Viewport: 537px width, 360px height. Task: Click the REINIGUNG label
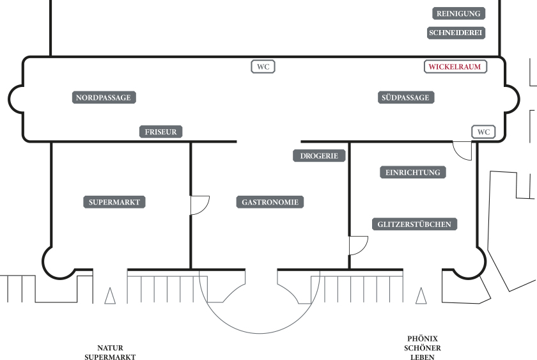[458, 13]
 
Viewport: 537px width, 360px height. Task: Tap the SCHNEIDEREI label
[456, 33]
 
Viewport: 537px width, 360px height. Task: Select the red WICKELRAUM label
[455, 67]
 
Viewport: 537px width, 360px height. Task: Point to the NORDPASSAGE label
[104, 97]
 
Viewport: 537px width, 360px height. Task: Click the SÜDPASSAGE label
[406, 97]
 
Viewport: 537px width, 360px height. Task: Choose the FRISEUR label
[160, 132]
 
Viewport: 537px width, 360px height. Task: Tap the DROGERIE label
[319, 156]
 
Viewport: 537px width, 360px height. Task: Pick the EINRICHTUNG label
[413, 172]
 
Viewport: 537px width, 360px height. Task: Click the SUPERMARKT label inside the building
[114, 202]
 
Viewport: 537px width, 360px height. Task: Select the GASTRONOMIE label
[270, 202]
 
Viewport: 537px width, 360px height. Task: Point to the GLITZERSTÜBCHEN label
[414, 224]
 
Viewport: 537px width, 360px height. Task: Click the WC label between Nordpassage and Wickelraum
[263, 67]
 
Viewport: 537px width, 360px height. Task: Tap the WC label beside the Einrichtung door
[483, 132]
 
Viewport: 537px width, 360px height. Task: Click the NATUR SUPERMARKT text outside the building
[110, 352]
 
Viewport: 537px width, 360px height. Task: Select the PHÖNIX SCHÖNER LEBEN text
[423, 348]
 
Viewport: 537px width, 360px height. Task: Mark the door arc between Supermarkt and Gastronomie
[205, 210]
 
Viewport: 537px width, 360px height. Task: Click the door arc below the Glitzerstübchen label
[363, 250]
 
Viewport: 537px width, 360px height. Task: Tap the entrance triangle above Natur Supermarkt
[110, 296]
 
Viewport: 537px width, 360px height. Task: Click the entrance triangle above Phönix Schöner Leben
[421, 296]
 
